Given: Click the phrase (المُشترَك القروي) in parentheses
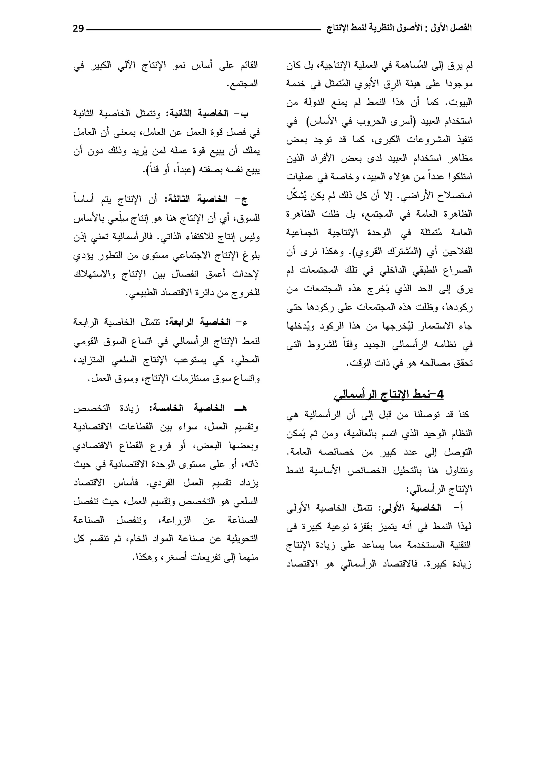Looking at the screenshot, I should [381, 251].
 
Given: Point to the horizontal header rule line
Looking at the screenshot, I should [203, 30].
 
